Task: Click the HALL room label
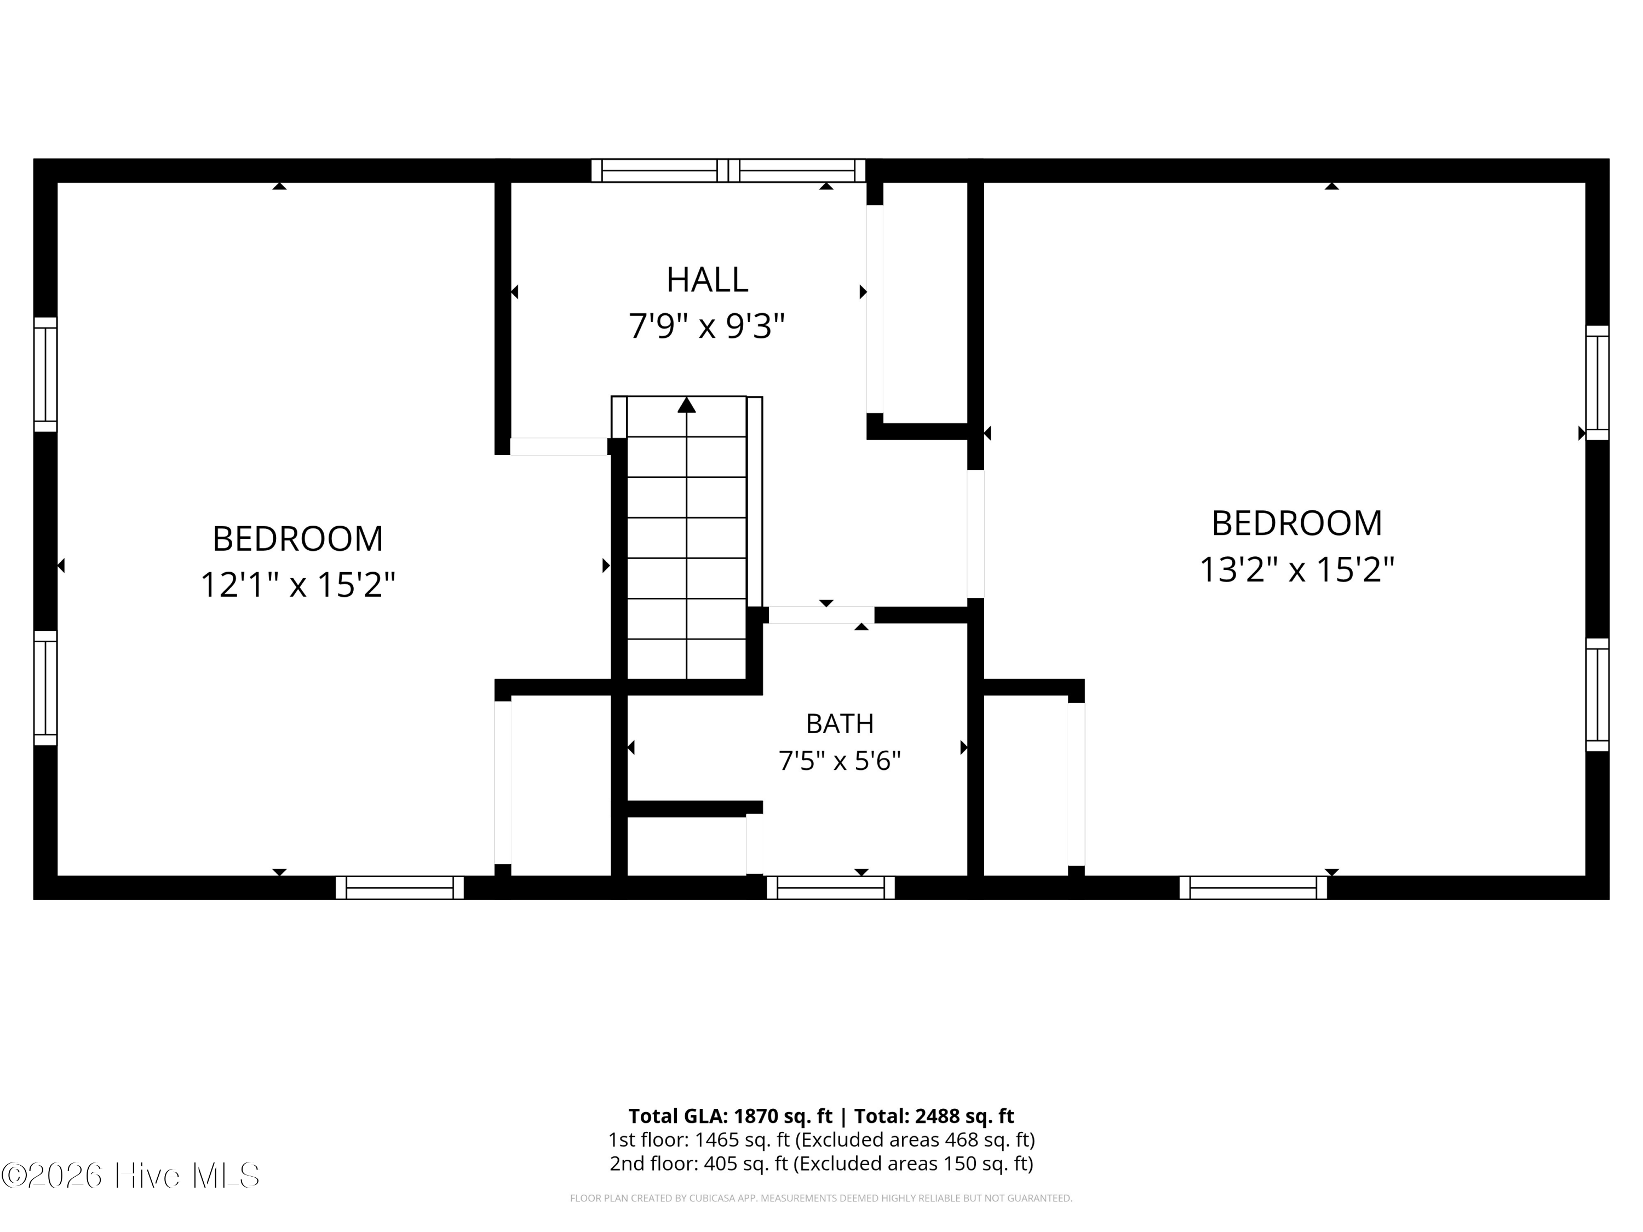click(706, 280)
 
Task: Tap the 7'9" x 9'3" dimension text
click(706, 326)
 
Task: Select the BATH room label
click(840, 723)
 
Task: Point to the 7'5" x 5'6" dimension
click(840, 761)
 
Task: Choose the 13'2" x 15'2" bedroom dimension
click(1297, 569)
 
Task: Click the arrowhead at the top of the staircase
click(686, 405)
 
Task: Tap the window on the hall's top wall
click(728, 171)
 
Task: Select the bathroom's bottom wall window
click(830, 888)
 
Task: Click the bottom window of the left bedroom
click(400, 888)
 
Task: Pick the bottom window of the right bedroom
click(1253, 888)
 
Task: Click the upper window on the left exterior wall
click(45, 375)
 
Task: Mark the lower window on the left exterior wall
click(45, 688)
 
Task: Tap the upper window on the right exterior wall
click(1597, 382)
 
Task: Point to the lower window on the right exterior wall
click(1597, 695)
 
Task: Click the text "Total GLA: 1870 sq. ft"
click(731, 1116)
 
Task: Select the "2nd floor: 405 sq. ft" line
click(698, 1164)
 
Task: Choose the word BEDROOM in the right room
click(1297, 523)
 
